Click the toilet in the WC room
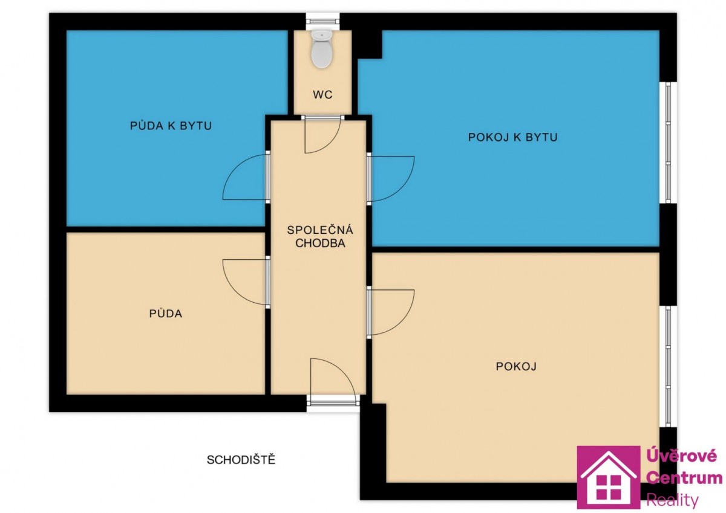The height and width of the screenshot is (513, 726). click(321, 48)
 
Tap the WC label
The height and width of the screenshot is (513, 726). click(322, 94)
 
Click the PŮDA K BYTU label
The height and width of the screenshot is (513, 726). click(171, 125)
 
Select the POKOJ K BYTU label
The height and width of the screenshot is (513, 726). click(513, 137)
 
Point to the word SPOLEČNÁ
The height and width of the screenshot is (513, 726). click(320, 230)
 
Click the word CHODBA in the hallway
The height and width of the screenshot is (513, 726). click(320, 243)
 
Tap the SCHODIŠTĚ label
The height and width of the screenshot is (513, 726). click(241, 460)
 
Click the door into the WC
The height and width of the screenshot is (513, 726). click(322, 134)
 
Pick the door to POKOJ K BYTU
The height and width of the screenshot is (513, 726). click(391, 179)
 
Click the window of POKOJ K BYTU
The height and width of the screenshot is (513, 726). click(668, 143)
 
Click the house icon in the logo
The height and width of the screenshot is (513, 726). click(609, 477)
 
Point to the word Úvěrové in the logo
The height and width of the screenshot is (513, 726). click(682, 457)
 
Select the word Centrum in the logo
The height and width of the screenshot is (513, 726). click(684, 478)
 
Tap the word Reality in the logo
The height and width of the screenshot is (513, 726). click(672, 501)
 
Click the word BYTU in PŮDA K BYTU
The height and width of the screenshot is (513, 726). click(196, 125)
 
